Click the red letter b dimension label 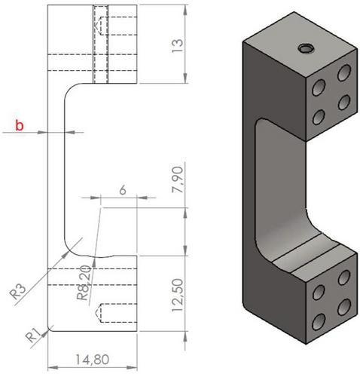click(x=20, y=125)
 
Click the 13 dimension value click(x=177, y=45)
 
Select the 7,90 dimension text click(x=177, y=179)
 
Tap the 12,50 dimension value click(x=178, y=295)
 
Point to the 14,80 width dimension click(x=93, y=360)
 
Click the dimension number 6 click(x=123, y=190)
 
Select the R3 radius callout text click(x=17, y=292)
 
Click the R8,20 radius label click(x=84, y=283)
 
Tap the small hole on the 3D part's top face click(x=307, y=48)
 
